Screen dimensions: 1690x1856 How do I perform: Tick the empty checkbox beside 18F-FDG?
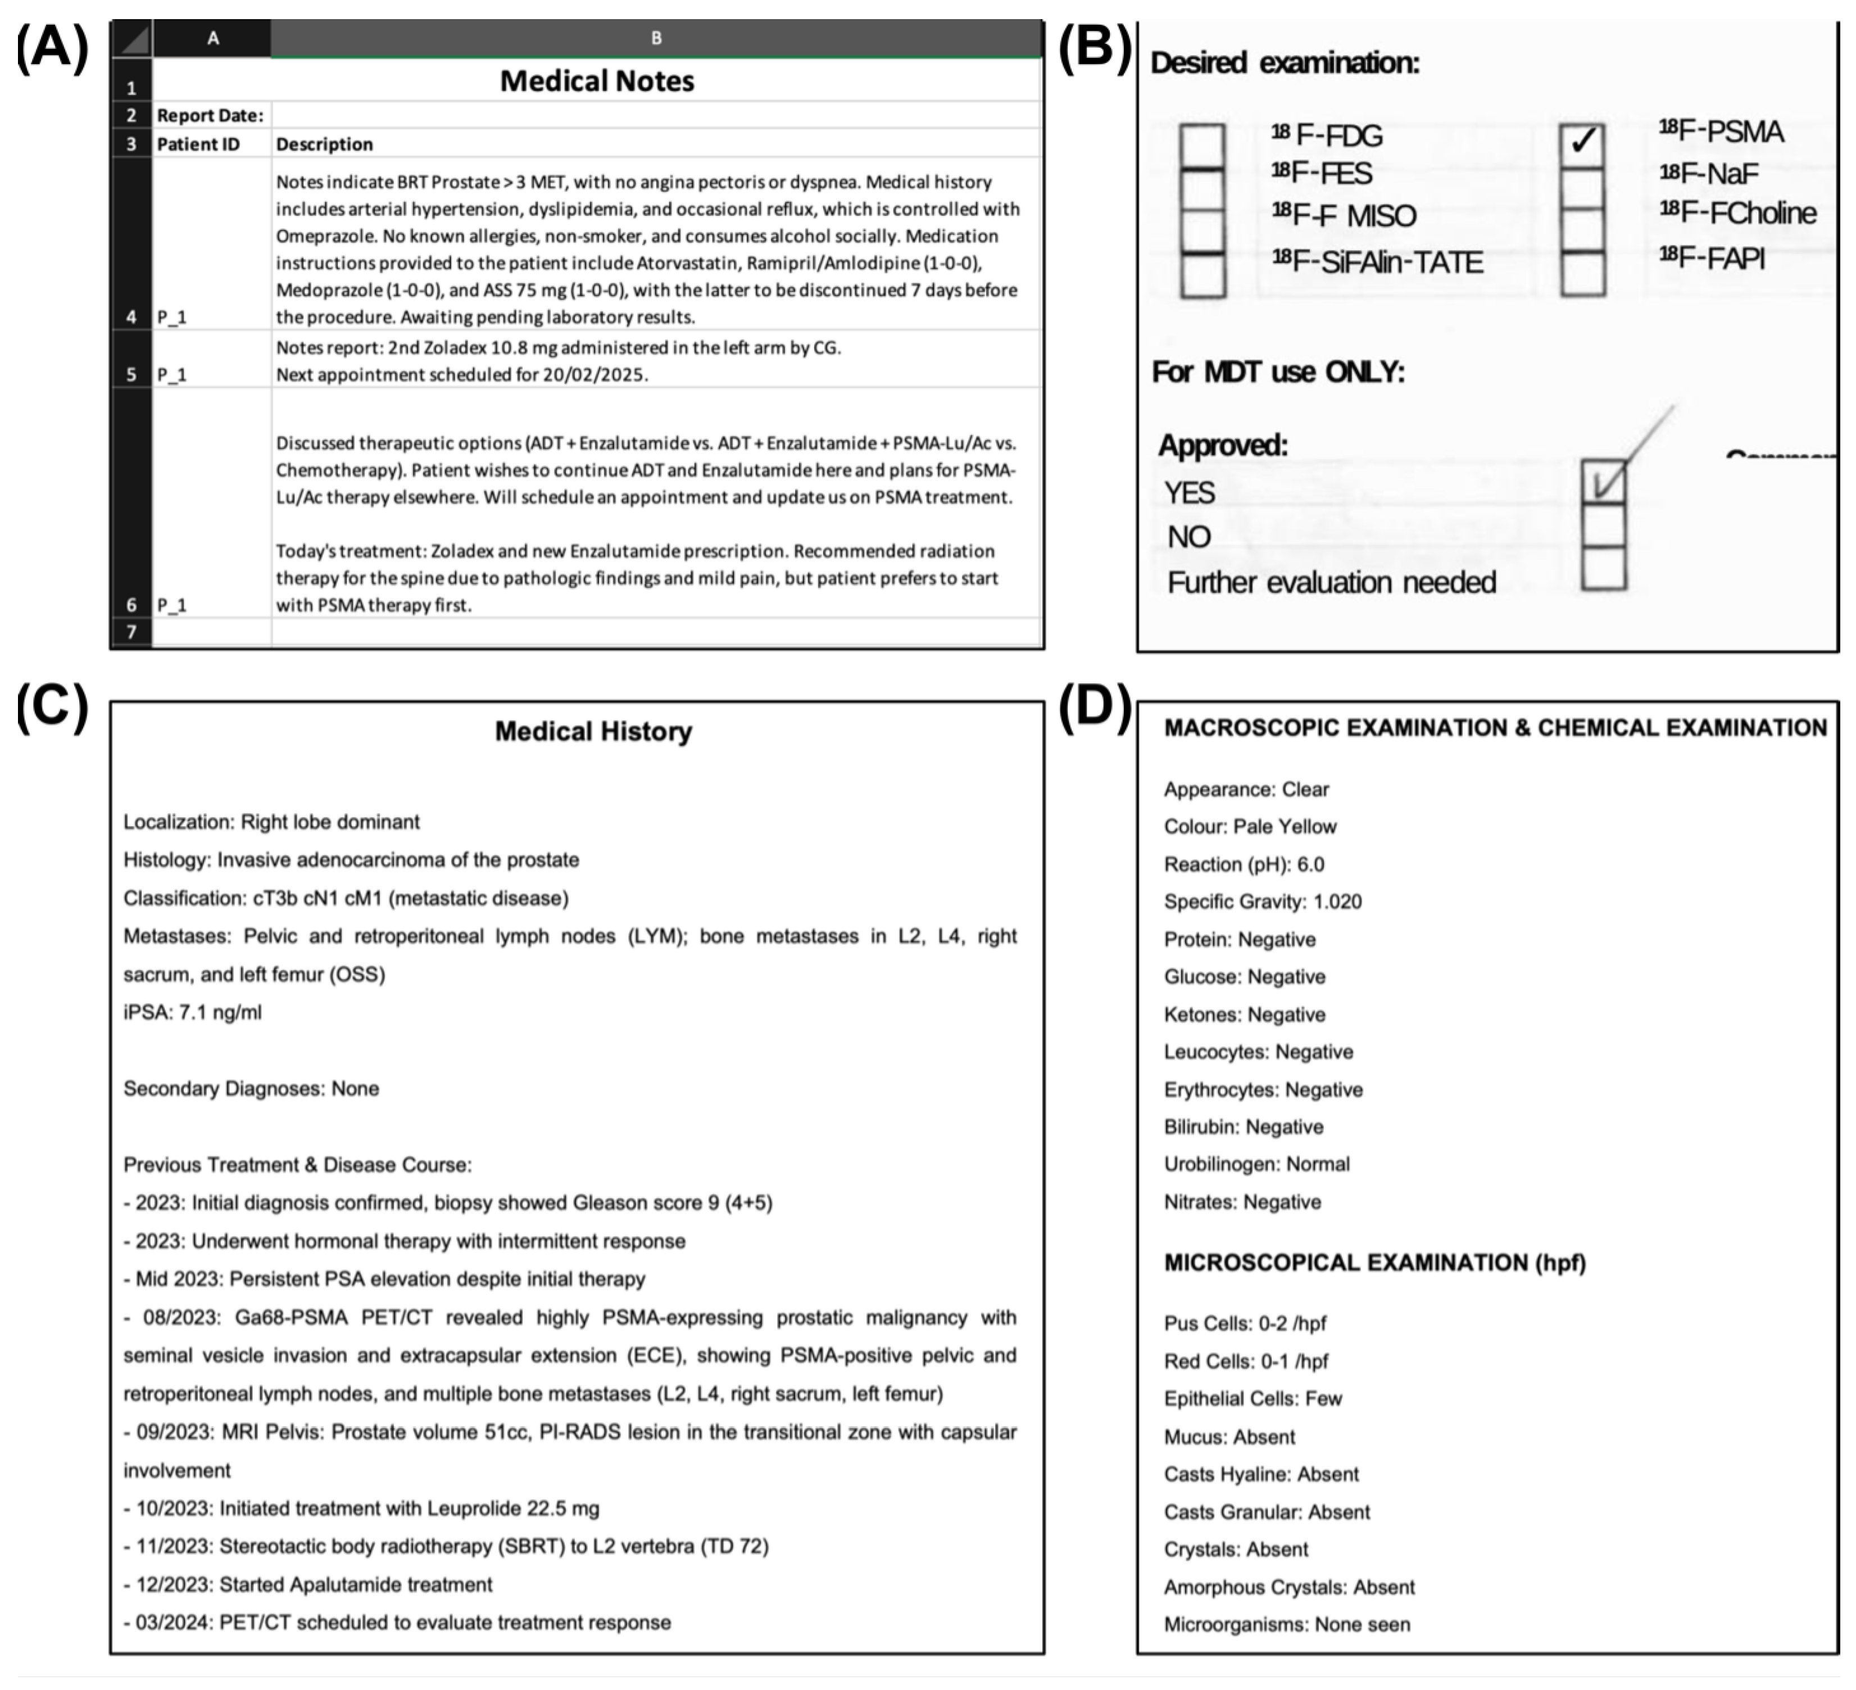click(1202, 146)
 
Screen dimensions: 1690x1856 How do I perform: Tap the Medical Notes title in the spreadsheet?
click(597, 81)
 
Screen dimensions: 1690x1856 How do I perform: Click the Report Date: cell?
click(210, 115)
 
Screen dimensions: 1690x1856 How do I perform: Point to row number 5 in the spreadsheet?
click(131, 374)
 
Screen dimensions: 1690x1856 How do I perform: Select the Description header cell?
click(324, 144)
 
